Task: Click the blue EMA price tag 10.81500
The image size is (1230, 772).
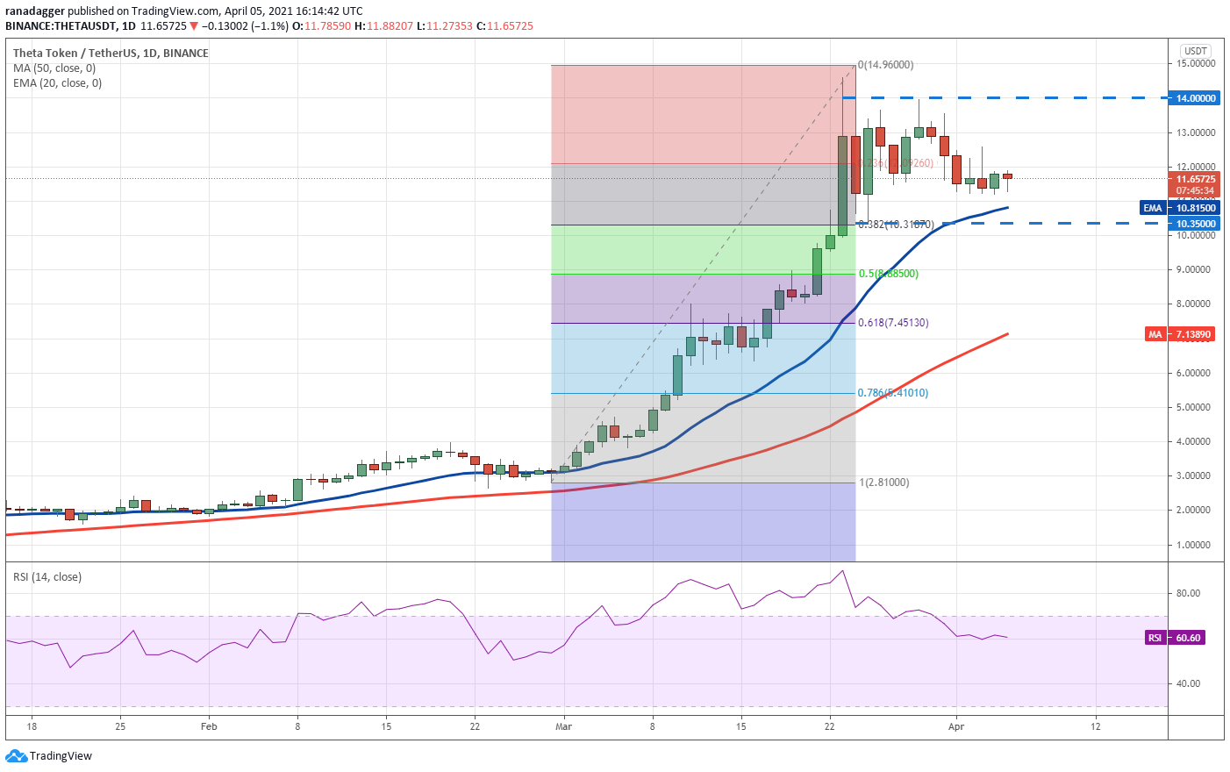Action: pyautogui.click(x=1196, y=208)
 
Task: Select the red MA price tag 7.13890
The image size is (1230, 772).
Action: pyautogui.click(x=1192, y=334)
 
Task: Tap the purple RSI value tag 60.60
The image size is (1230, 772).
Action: pyautogui.click(x=1187, y=638)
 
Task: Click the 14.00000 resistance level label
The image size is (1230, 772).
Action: pyautogui.click(x=1196, y=98)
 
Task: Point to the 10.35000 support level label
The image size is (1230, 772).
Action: pyautogui.click(x=1196, y=224)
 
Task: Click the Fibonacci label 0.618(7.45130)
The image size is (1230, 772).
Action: pyautogui.click(x=893, y=323)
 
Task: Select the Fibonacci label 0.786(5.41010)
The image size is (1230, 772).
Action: pyautogui.click(x=893, y=393)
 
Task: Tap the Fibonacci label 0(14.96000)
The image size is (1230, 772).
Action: pyautogui.click(x=886, y=65)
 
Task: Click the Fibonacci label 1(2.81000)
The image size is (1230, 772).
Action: pyautogui.click(x=884, y=482)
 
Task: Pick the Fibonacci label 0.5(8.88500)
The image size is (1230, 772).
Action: pyautogui.click(x=889, y=274)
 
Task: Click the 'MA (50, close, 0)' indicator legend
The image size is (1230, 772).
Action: pyautogui.click(x=54, y=68)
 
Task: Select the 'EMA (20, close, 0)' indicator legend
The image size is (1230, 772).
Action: pyautogui.click(x=58, y=83)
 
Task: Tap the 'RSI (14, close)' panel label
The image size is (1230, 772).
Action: pyautogui.click(x=47, y=577)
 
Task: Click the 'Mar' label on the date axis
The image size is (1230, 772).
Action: pyautogui.click(x=563, y=726)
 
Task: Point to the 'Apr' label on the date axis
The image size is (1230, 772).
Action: pyautogui.click(x=956, y=726)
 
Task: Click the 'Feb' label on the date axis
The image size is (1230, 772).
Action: pyautogui.click(x=209, y=726)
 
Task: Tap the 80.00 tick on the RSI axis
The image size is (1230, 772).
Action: pyautogui.click(x=1188, y=593)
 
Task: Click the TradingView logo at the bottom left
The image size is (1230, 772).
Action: pyautogui.click(x=49, y=756)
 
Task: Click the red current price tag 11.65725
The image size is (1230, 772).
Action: pyautogui.click(x=1196, y=179)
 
